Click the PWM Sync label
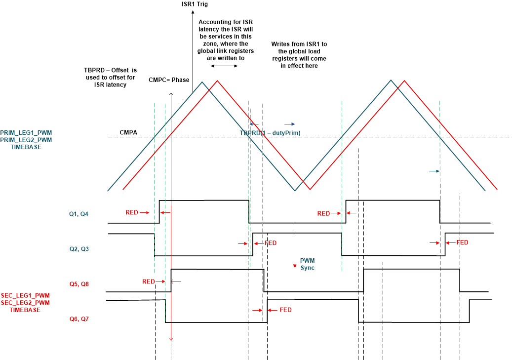click(307, 264)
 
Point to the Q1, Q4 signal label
click(79, 214)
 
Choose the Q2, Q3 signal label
click(79, 249)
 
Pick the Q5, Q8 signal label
click(79, 284)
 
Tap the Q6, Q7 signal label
click(79, 319)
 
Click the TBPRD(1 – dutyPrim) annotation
click(270, 133)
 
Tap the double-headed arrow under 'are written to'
click(223, 66)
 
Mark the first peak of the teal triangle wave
click(201, 81)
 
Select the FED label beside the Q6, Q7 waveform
click(285, 310)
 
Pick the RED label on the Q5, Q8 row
click(149, 281)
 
